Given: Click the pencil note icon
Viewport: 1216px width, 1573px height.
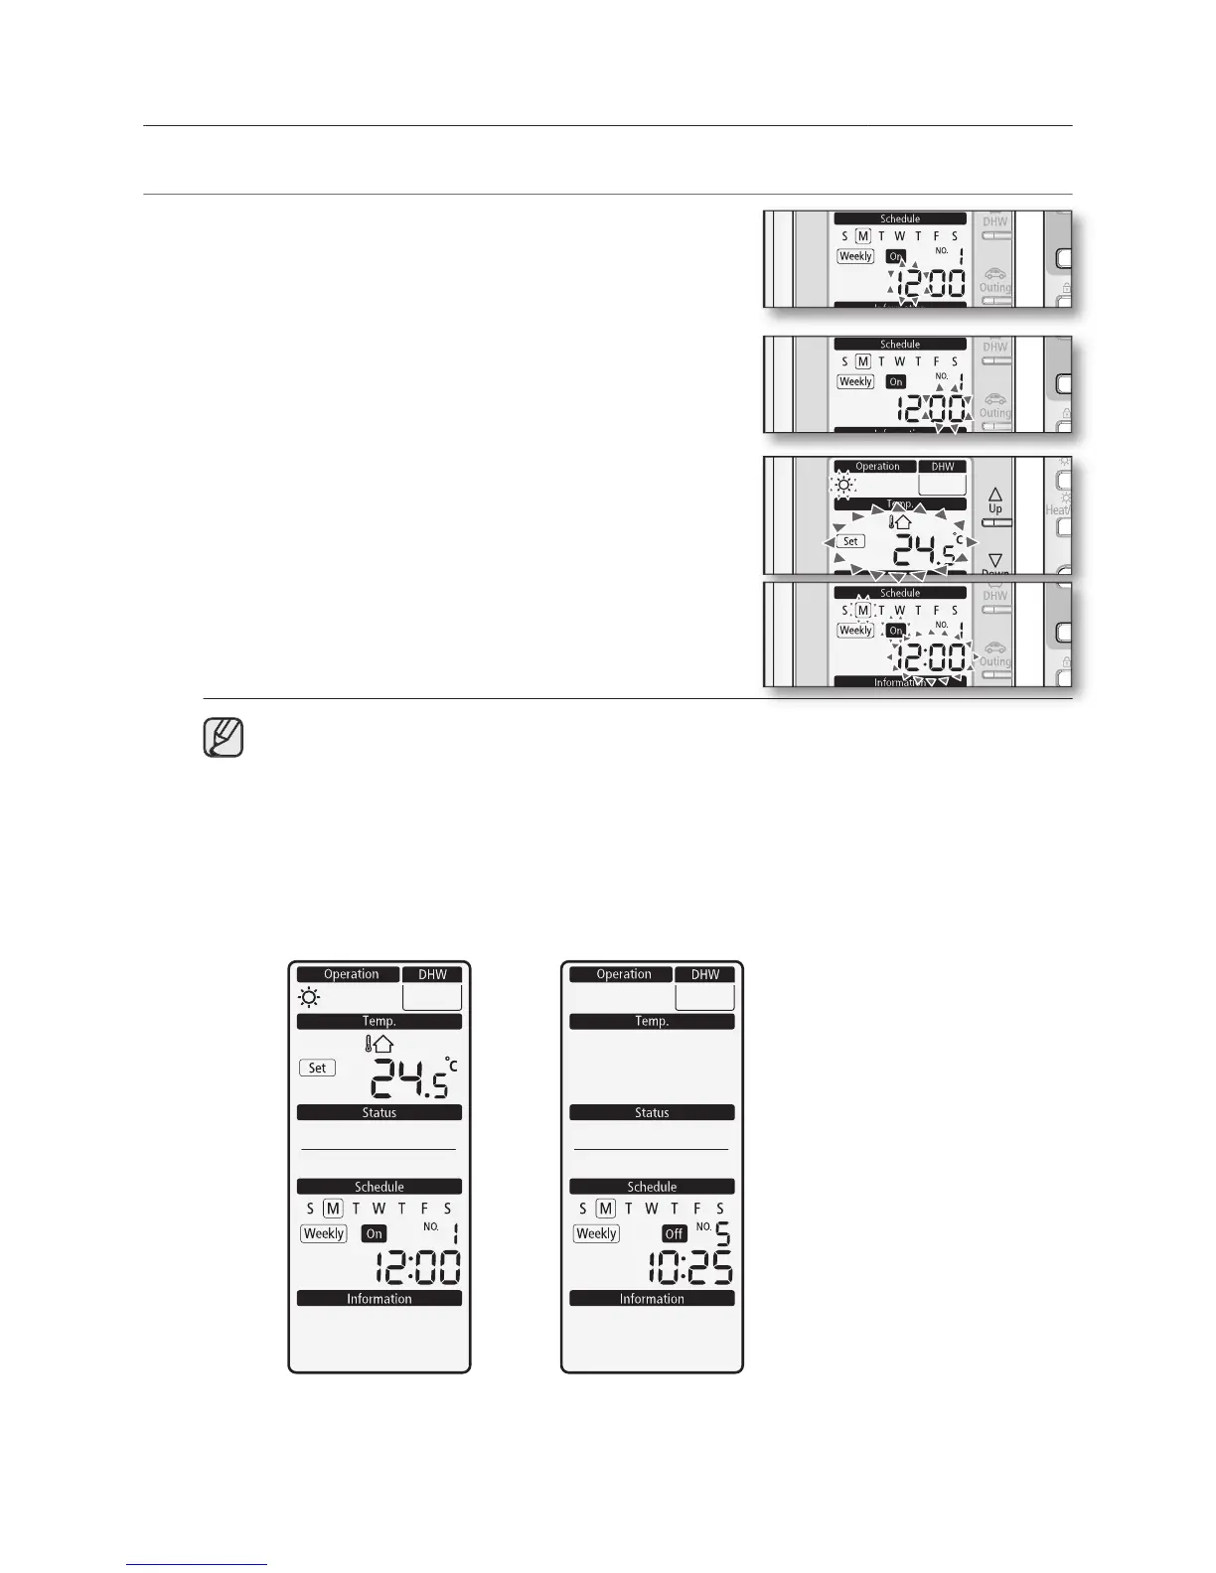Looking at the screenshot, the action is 224,738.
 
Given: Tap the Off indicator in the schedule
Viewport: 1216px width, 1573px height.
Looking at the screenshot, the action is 675,1233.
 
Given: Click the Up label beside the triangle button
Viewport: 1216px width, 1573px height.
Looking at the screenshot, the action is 995,508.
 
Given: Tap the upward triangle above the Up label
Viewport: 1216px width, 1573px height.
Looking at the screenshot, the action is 995,494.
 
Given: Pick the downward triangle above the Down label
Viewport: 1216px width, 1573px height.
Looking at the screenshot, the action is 995,560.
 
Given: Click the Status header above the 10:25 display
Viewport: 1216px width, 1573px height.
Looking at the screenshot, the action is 652,1112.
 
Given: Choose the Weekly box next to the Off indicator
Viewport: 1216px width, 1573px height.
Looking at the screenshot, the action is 596,1233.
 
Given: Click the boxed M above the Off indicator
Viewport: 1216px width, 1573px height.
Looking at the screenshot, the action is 605,1209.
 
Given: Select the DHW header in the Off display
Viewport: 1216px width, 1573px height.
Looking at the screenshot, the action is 705,974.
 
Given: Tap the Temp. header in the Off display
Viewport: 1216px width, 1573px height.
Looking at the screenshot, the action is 652,1021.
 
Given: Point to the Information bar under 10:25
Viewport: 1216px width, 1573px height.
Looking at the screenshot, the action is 652,1299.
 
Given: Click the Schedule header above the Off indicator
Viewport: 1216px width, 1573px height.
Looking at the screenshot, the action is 652,1187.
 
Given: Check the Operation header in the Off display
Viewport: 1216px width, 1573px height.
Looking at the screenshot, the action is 623,974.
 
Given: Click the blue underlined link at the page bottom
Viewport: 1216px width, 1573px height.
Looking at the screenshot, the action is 198,1565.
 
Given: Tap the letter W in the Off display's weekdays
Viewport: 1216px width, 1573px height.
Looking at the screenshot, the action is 651,1209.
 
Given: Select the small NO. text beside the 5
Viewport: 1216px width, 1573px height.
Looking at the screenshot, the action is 703,1226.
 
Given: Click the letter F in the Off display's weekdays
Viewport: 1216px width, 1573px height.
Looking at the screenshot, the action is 697,1209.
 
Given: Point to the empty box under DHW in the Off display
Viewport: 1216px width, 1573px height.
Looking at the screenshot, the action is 704,997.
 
